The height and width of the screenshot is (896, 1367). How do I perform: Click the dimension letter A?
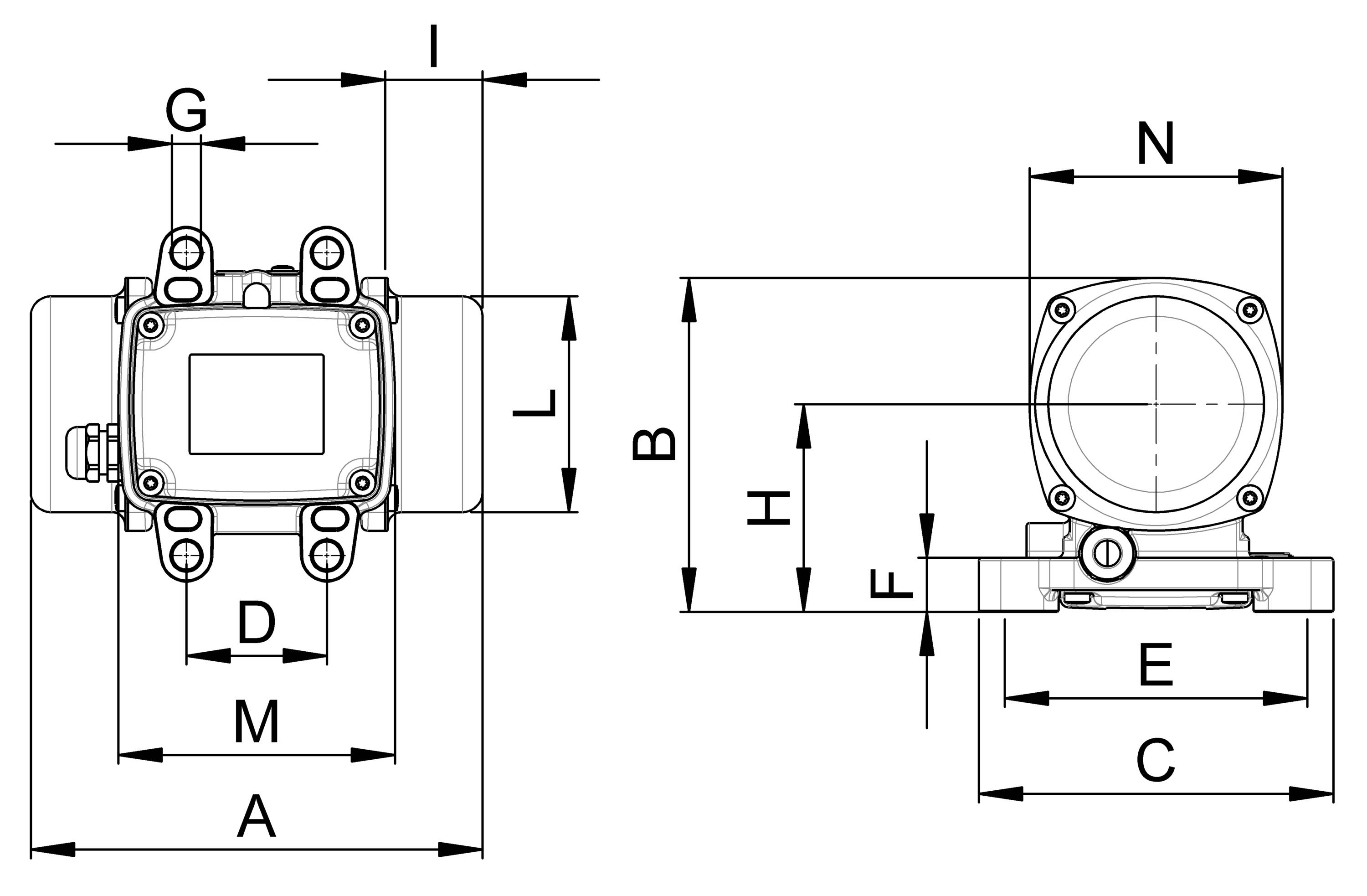[257, 817]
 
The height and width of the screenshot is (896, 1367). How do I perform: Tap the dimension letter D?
[257, 623]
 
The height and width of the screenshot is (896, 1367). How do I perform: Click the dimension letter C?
[1156, 762]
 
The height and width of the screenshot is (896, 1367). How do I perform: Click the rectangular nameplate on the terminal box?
[257, 404]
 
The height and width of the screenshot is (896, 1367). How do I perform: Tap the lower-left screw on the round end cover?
[1062, 496]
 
